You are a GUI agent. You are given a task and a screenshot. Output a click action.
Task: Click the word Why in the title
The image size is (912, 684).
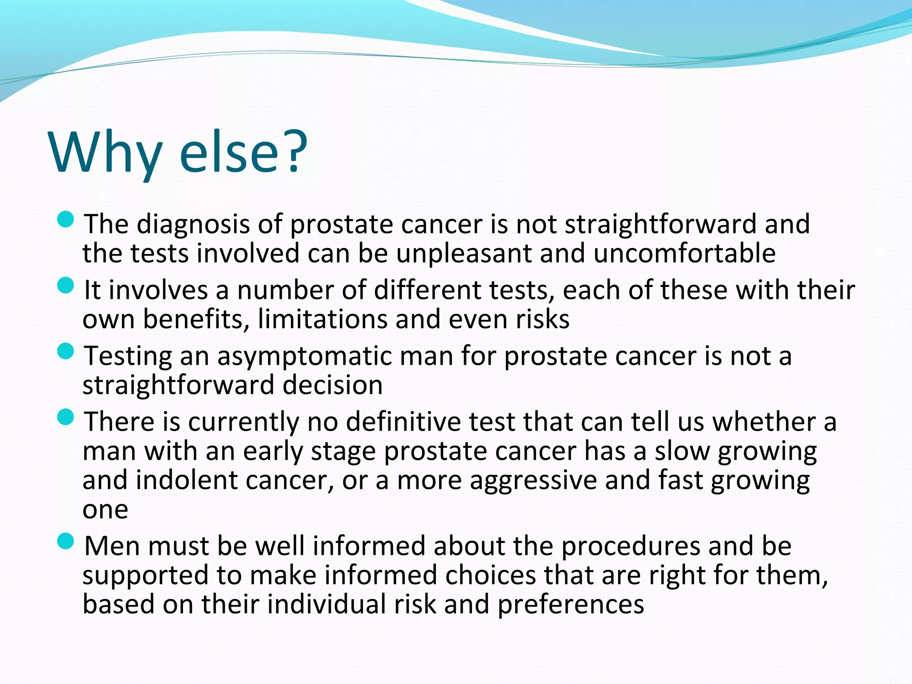tap(105, 152)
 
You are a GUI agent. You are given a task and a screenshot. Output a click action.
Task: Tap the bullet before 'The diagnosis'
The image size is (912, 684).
tap(65, 219)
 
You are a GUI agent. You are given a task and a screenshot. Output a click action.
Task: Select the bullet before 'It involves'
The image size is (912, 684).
tap(65, 285)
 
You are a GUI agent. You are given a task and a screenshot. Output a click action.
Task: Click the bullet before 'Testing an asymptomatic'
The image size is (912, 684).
tap(65, 351)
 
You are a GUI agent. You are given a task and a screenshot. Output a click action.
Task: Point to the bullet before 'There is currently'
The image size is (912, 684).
tap(65, 417)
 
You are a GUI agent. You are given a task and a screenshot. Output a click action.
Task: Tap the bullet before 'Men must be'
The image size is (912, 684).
tap(65, 541)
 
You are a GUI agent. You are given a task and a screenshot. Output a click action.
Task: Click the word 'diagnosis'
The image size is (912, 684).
tap(193, 224)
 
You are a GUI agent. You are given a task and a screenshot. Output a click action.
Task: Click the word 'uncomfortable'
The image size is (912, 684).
tap(684, 253)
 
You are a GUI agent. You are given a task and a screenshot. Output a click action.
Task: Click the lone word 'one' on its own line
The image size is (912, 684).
tap(105, 510)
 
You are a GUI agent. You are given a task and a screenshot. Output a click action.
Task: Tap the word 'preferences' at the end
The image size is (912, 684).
tap(570, 605)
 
